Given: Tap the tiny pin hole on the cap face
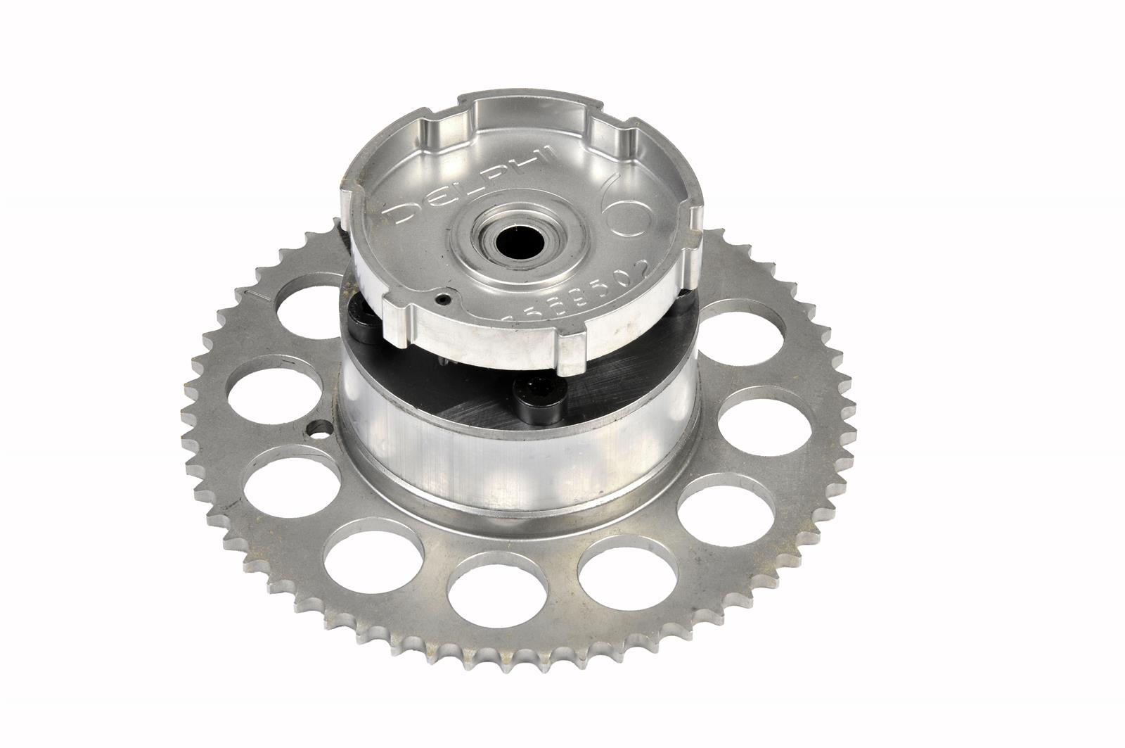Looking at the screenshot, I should (441, 300).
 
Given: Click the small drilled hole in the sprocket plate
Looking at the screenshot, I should (321, 427).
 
